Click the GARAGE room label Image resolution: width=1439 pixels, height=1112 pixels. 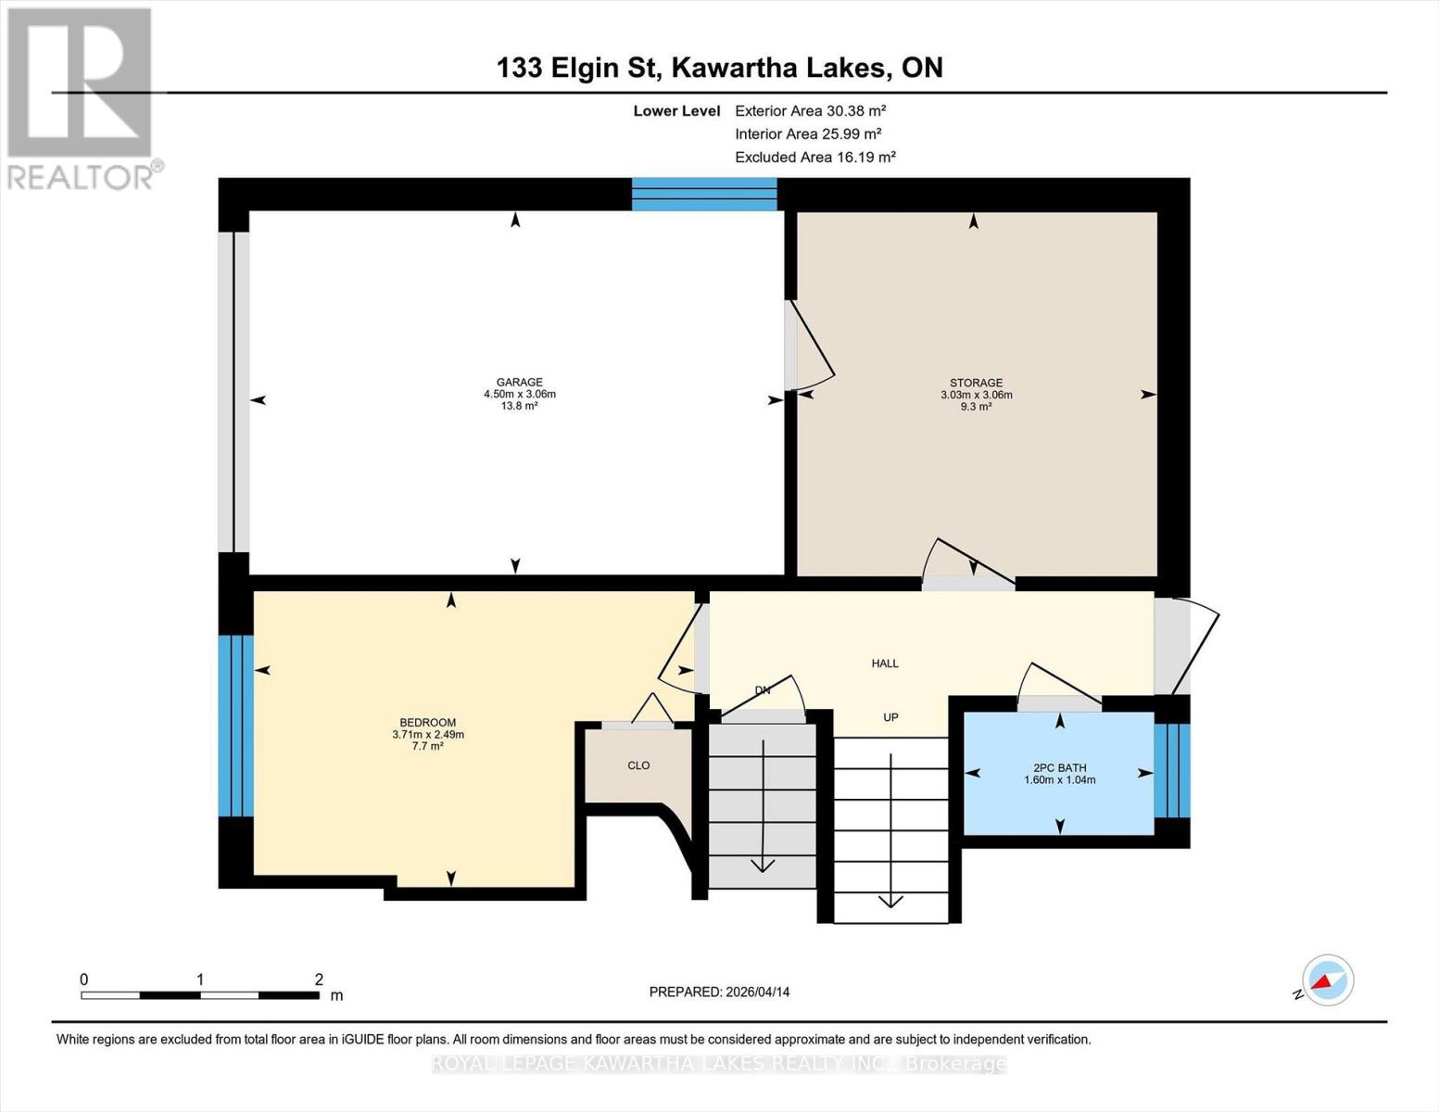519,382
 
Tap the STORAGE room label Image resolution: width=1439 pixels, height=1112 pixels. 976,383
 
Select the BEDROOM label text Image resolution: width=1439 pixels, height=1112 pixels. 427,723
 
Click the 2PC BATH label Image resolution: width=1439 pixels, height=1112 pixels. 1059,767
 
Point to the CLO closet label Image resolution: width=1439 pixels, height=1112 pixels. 638,765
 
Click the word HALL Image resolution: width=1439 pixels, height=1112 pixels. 885,663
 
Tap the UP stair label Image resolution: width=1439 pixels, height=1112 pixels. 890,717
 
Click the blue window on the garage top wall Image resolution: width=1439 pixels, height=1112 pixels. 704,195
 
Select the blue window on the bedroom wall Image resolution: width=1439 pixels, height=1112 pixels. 235,726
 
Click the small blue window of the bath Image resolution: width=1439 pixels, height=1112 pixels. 1172,770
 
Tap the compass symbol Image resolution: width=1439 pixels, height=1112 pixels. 1327,980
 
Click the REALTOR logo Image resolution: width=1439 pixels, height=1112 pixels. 82,97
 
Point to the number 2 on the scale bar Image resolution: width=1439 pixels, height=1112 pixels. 319,979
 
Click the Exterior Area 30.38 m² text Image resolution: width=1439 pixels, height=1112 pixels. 810,110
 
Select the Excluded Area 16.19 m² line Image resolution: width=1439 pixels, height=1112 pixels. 814,158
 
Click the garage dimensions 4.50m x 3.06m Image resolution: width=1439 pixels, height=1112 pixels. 519,394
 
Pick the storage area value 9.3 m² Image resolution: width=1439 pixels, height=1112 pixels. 976,407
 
